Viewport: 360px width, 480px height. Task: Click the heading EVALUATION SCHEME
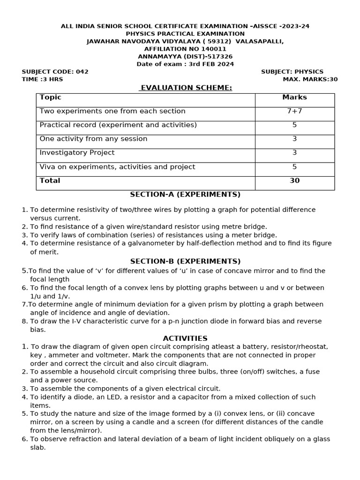coord(186,88)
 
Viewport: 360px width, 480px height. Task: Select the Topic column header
coord(51,97)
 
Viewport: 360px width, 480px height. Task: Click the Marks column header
coord(294,97)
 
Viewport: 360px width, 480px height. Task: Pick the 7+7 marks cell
coord(294,111)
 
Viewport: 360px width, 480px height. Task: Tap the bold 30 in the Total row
coord(294,181)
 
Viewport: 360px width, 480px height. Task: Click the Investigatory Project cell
coord(77,153)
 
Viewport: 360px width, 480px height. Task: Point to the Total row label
coord(50,181)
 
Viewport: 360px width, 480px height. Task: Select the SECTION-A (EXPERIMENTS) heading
coord(185,195)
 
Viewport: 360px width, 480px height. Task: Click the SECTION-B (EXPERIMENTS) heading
coord(185,261)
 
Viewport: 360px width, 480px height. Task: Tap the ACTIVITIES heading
coord(185,338)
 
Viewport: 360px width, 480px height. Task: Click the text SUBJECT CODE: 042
coord(55,72)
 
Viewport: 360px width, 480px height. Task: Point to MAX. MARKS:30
coord(310,79)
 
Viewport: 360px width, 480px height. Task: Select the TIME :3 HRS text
coord(43,79)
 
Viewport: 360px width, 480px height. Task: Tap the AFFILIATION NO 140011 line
coord(185,49)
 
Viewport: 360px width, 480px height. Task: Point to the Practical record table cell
coord(118,125)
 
